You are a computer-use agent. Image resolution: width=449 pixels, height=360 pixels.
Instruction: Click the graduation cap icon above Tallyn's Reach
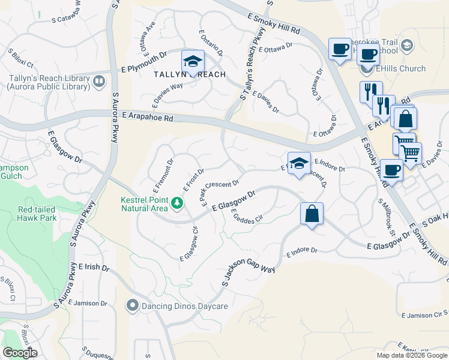coord(193,61)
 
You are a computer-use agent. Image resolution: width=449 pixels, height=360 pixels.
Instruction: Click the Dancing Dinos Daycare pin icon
coord(132,306)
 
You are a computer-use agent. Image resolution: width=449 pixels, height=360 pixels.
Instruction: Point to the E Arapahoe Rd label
coord(147,116)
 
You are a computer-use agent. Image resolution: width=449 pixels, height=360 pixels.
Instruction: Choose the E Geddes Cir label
coord(247,217)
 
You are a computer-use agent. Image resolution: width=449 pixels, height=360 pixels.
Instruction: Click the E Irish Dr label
coord(95,267)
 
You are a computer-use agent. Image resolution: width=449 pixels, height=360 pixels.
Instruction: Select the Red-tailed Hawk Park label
coord(37,214)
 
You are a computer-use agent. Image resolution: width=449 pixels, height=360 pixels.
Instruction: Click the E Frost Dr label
coord(194,180)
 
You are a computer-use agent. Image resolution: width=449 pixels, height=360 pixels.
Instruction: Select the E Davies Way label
coord(167,95)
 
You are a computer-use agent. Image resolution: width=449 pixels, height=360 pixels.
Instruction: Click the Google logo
coord(20,353)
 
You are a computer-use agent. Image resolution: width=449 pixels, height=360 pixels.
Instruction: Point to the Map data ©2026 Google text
coord(411,355)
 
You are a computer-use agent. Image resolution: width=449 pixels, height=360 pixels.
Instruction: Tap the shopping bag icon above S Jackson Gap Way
coord(312,214)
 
